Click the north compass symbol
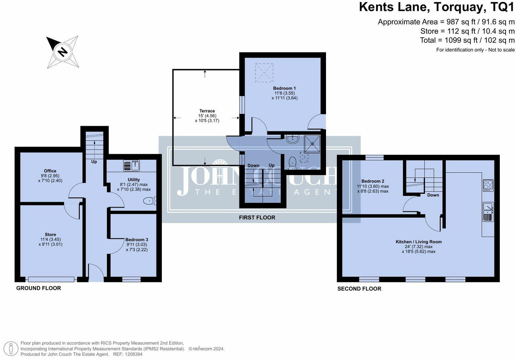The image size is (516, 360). click(x=62, y=52)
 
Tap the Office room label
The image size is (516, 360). click(x=50, y=171)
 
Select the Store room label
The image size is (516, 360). click(x=50, y=235)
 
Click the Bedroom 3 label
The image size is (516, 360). click(x=137, y=240)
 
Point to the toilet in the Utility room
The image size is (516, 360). click(x=150, y=201)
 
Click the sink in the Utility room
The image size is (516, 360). click(x=135, y=165)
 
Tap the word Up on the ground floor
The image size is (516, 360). click(x=94, y=162)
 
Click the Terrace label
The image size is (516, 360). click(x=207, y=111)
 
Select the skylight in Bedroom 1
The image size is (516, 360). click(x=264, y=73)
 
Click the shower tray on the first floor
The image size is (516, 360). click(x=312, y=144)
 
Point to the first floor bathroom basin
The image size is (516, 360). click(x=292, y=139)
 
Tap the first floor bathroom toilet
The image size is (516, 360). click(x=292, y=163)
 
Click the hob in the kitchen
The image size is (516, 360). click(x=488, y=185)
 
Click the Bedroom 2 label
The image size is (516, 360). click(x=373, y=181)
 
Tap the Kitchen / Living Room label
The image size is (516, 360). click(x=418, y=242)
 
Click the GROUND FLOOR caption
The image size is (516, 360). click(x=38, y=288)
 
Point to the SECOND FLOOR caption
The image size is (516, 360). click(x=359, y=289)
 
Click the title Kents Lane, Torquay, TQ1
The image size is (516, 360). click(x=437, y=7)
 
